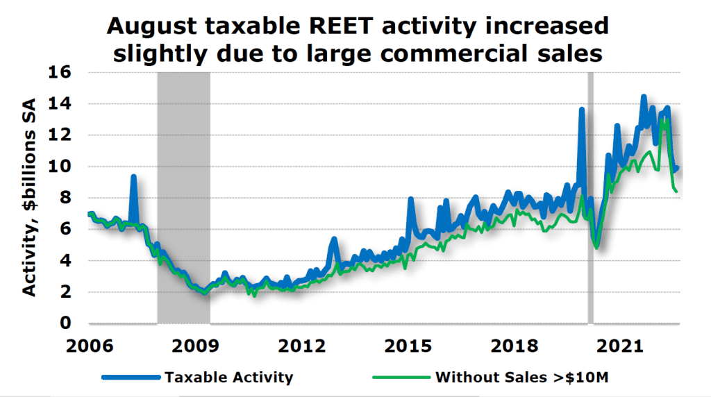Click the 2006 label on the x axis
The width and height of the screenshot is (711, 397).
[x=90, y=346]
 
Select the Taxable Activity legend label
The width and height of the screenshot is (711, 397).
[x=228, y=378]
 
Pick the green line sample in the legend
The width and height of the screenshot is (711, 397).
[x=401, y=378]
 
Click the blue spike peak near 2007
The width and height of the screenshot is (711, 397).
[x=133, y=178]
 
